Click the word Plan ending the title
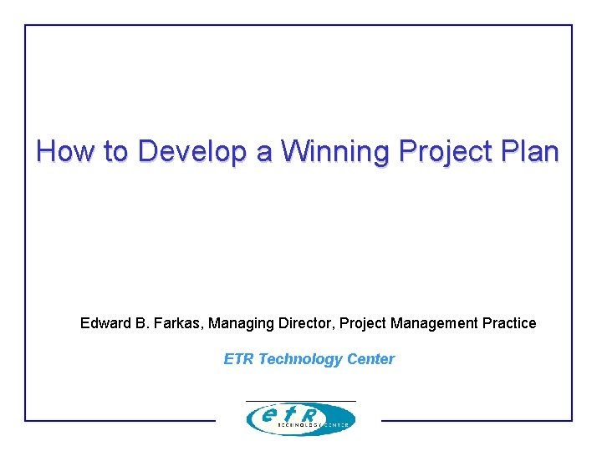[x=530, y=151]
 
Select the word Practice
[x=509, y=323]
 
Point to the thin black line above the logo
[x=300, y=401]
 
